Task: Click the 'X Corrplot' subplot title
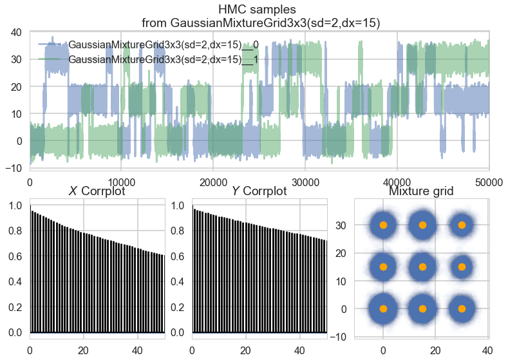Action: (x=97, y=191)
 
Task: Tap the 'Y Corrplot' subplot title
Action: (x=259, y=191)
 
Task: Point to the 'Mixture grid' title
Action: (x=422, y=191)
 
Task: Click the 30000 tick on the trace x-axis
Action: (x=304, y=182)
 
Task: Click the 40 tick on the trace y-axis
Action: (x=17, y=32)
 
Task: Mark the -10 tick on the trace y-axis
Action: (x=14, y=168)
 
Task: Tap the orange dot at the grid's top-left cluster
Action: (x=383, y=225)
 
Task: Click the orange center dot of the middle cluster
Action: (x=422, y=267)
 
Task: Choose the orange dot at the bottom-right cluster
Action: (x=462, y=308)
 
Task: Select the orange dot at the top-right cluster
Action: (x=462, y=225)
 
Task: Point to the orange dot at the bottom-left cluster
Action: (x=383, y=308)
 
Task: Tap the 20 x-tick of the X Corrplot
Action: (x=83, y=350)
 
